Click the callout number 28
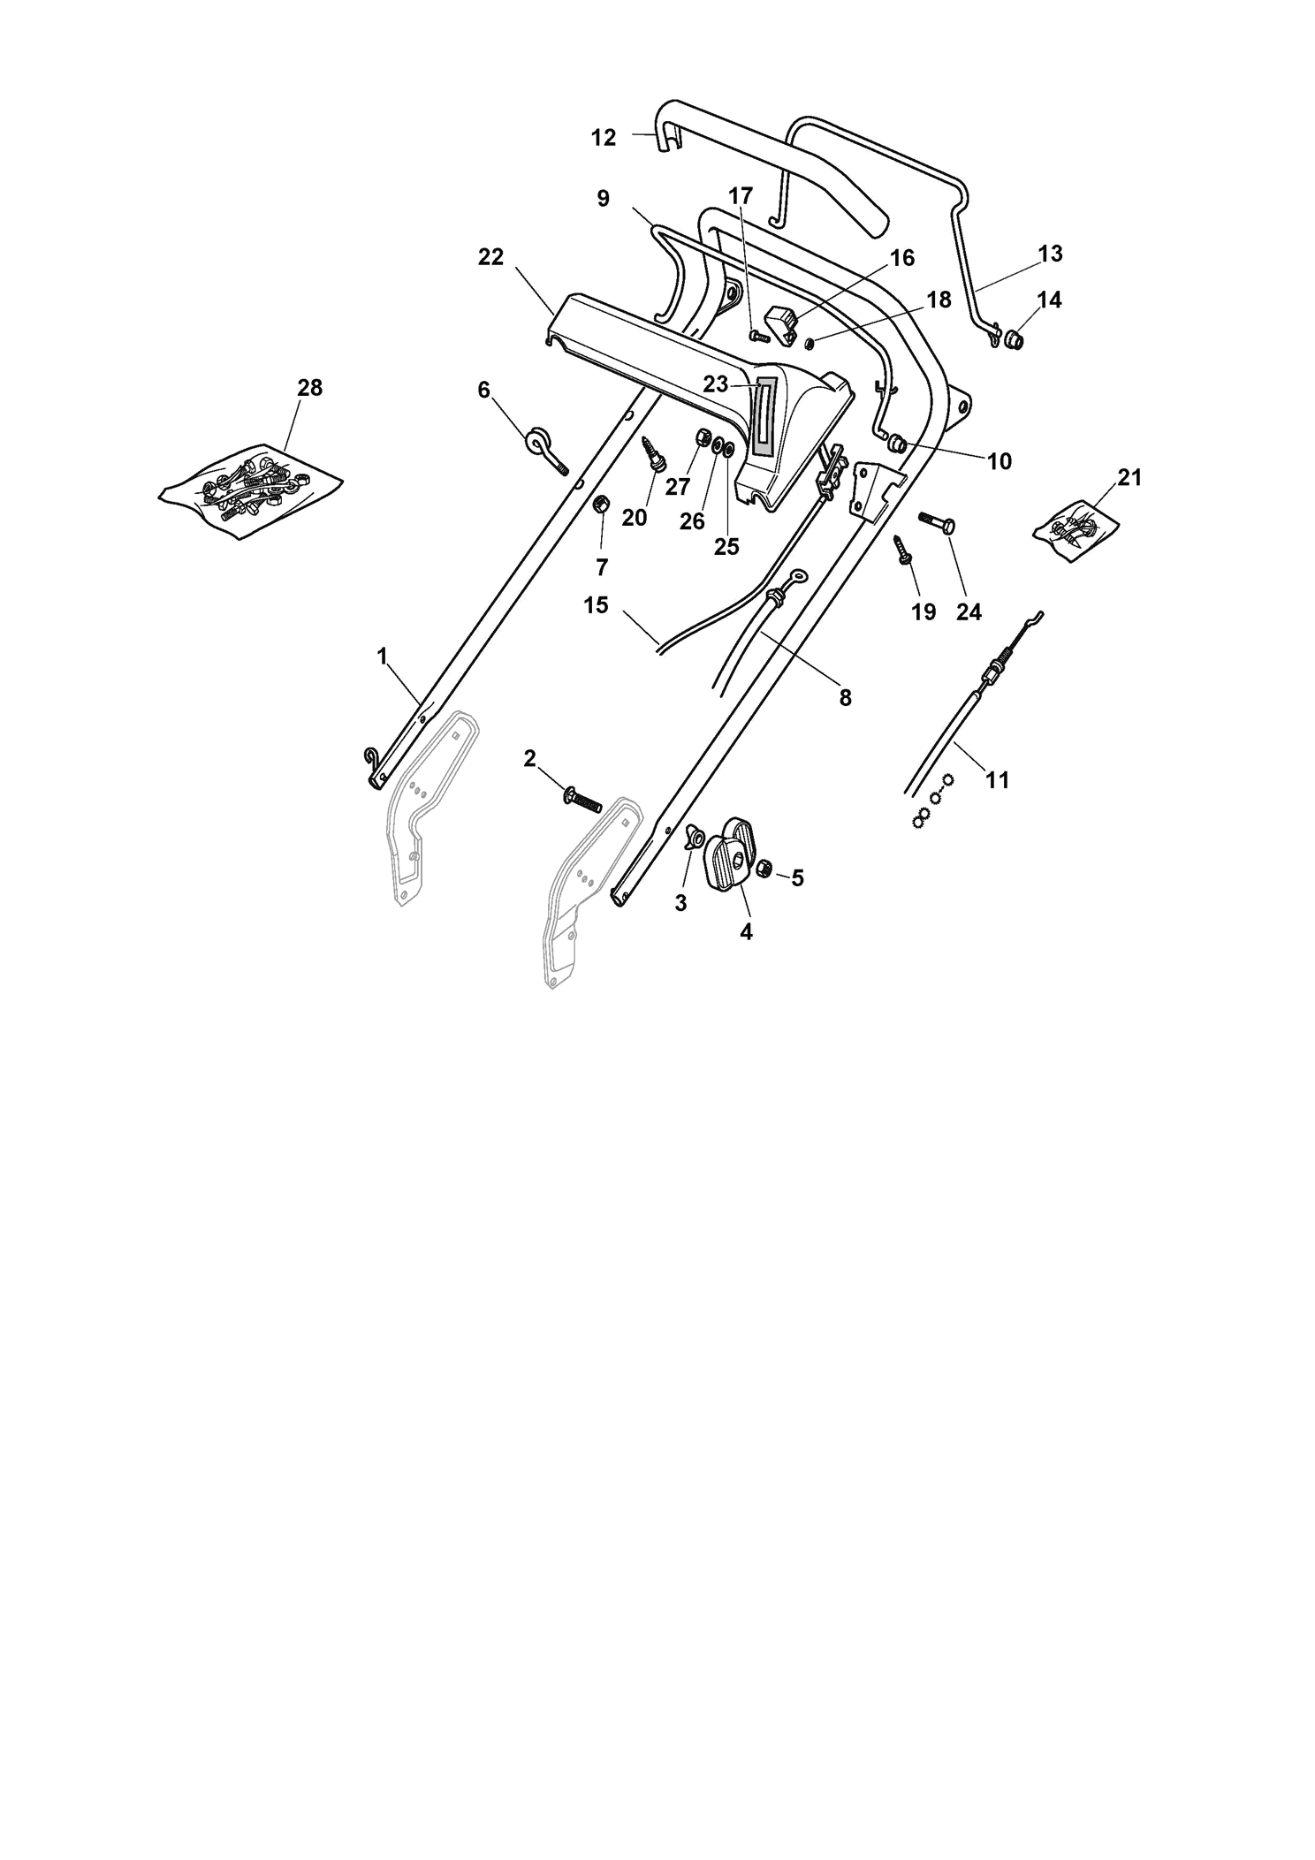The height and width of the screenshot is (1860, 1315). (x=309, y=387)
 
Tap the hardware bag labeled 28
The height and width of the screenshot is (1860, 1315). (x=251, y=490)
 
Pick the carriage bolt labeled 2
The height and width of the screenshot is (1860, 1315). (x=581, y=798)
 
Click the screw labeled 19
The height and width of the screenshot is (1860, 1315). (x=905, y=549)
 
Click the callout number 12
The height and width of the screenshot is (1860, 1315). (x=604, y=138)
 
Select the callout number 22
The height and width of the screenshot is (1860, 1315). (x=490, y=256)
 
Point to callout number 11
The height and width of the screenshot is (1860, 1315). (x=997, y=779)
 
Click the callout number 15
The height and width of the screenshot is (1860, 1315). (x=597, y=605)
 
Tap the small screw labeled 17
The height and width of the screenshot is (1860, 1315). (x=759, y=337)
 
